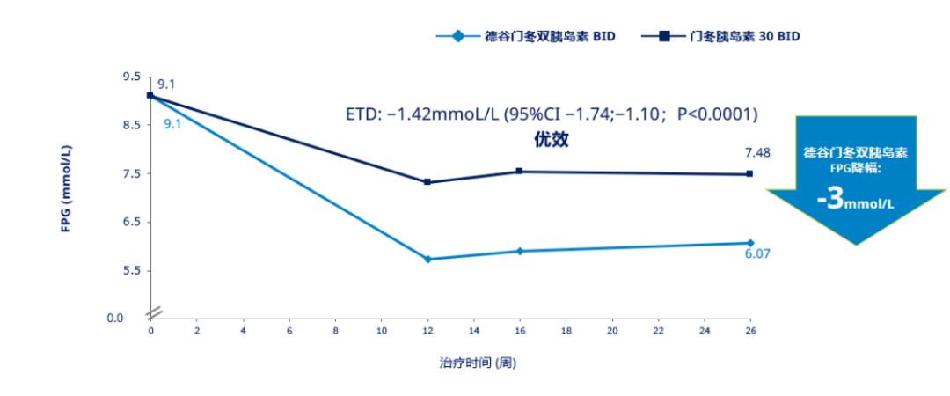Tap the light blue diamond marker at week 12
coord(427,259)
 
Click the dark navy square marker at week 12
coord(427,182)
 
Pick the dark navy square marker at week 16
coord(520,172)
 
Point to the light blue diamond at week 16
coord(520,251)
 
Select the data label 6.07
coord(757,253)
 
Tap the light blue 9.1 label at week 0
coord(172,123)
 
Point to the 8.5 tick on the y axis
coord(131,125)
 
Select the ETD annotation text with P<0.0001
coord(552,115)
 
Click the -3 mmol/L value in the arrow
coord(855,201)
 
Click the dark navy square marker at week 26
coord(750,173)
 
